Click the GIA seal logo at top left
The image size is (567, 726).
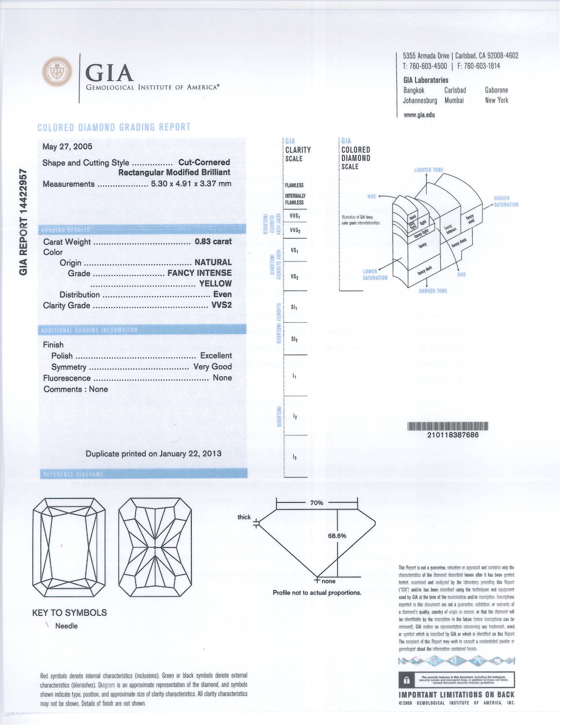[x=57, y=72]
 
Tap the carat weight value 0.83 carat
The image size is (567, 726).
[x=213, y=242]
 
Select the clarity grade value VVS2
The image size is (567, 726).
[x=221, y=305]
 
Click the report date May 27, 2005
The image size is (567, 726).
[x=67, y=147]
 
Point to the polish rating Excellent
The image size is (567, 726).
[x=216, y=355]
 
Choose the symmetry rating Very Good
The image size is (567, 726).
[x=213, y=367]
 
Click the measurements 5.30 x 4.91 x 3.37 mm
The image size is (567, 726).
[x=191, y=184]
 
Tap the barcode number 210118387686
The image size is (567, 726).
[x=453, y=435]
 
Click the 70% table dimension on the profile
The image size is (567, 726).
[x=316, y=503]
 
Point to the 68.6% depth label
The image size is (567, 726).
[x=337, y=536]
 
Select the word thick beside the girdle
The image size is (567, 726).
[x=244, y=517]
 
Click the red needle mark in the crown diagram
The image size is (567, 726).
[x=62, y=545]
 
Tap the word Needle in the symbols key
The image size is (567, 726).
[x=66, y=626]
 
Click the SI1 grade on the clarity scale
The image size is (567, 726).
[x=294, y=307]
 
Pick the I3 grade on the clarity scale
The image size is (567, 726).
[x=295, y=457]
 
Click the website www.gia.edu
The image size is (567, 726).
[x=419, y=115]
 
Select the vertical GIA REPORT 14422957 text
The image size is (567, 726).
[x=23, y=221]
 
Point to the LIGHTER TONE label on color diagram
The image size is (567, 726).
[x=428, y=170]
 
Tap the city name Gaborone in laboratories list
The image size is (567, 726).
[x=497, y=90]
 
